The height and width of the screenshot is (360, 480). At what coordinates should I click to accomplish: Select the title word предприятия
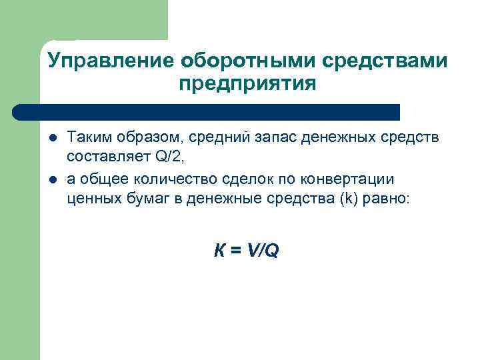tap(247, 85)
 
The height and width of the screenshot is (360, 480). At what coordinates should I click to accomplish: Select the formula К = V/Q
tap(246, 251)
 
